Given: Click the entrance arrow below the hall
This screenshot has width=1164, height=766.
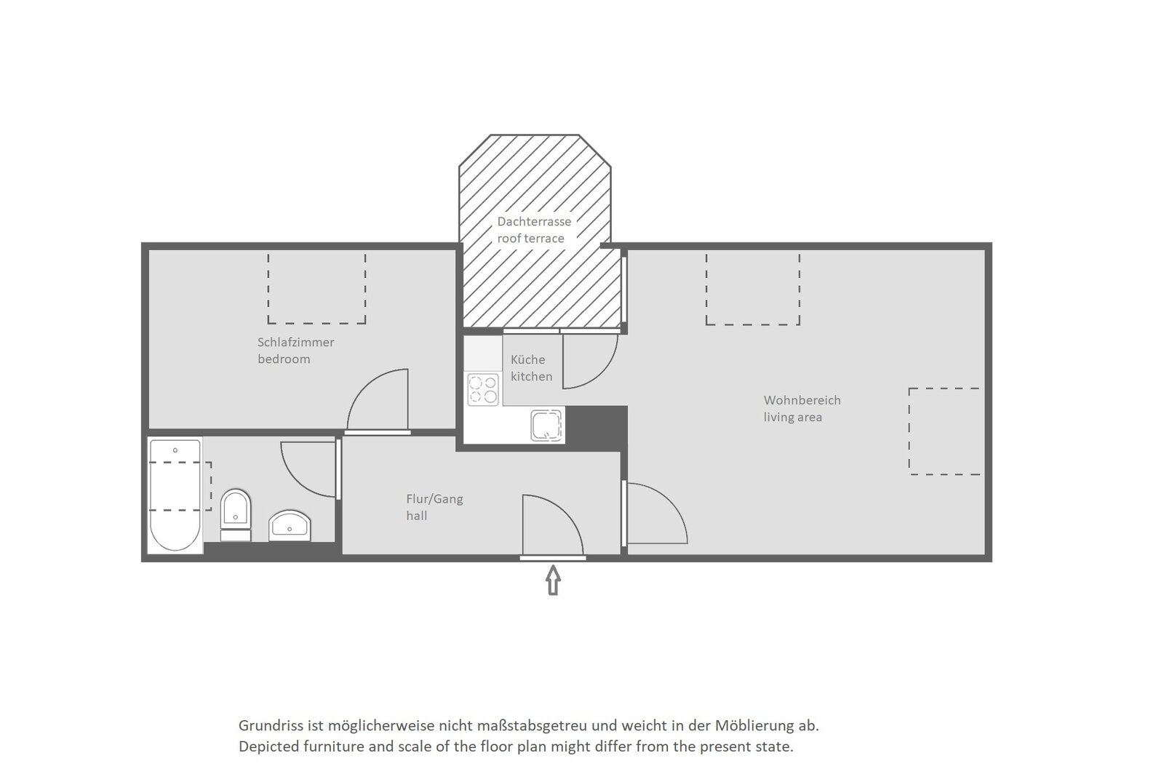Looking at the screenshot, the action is pyautogui.click(x=553, y=580).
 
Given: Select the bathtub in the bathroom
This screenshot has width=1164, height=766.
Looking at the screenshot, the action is pyautogui.click(x=175, y=495).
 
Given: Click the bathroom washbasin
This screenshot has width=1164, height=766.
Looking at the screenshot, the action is pyautogui.click(x=290, y=525).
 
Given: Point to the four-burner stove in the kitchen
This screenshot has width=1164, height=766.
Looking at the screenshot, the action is pyautogui.click(x=483, y=389).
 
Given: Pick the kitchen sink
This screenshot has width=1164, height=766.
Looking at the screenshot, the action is pyautogui.click(x=546, y=425).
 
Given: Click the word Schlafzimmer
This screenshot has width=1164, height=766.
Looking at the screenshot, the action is pyautogui.click(x=295, y=342).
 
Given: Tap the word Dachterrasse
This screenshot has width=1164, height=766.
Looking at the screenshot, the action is pyautogui.click(x=534, y=221).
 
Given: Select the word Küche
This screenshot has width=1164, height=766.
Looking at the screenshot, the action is pyautogui.click(x=528, y=359).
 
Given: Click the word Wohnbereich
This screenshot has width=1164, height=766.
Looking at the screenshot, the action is pyautogui.click(x=802, y=400).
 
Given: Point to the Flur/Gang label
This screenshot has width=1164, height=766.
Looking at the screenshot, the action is pyautogui.click(x=434, y=499).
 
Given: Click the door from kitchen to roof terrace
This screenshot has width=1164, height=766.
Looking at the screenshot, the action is pyautogui.click(x=603, y=372).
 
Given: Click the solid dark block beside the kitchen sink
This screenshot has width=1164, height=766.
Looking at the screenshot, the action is pyautogui.click(x=596, y=428).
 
